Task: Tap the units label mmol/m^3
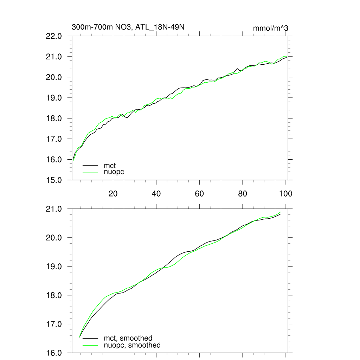tap(270, 28)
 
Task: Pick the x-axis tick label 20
tap(113, 193)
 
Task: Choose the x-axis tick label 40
tap(156, 193)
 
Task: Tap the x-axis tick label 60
tap(199, 193)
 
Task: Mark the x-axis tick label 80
tap(243, 193)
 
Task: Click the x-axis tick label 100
tap(285, 193)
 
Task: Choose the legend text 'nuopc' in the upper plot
tap(114, 172)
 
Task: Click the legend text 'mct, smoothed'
tap(128, 339)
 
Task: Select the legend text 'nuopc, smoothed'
tap(132, 345)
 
